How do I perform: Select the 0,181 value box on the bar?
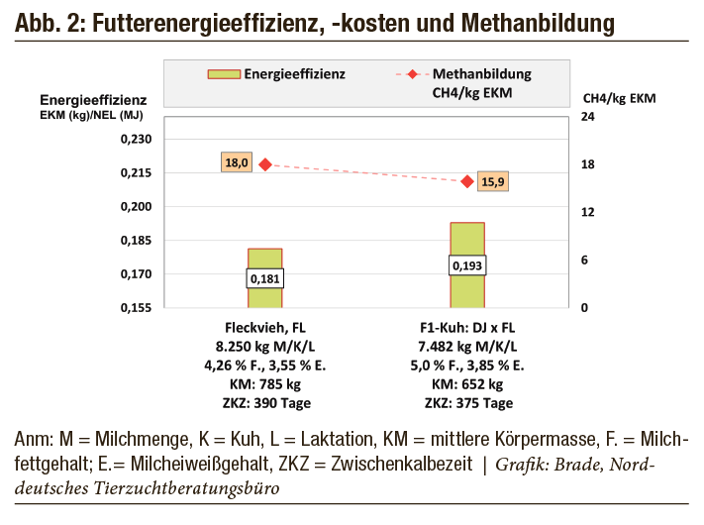click(264, 278)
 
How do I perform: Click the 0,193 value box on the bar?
click(467, 265)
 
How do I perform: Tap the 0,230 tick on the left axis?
click(136, 139)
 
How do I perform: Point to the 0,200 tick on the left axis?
click(136, 206)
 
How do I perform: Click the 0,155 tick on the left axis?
click(136, 308)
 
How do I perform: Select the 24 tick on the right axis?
click(587, 117)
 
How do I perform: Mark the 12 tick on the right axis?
click(587, 212)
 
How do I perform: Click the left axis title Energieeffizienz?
click(93, 99)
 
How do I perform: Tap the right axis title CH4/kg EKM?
click(620, 99)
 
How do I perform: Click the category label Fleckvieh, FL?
click(264, 327)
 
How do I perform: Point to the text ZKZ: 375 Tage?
click(467, 403)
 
